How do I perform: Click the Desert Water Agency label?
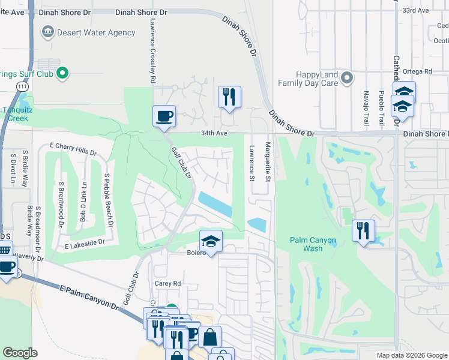[x=96, y=32]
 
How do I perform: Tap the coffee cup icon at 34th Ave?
[x=164, y=116]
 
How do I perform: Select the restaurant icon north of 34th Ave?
[x=229, y=97]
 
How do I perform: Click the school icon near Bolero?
[x=210, y=241]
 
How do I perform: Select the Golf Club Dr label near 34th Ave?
[x=181, y=163]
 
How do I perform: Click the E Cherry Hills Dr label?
[x=73, y=148]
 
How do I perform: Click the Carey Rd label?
[x=168, y=283]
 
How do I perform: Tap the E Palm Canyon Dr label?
[x=90, y=298]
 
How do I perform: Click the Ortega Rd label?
[x=419, y=71]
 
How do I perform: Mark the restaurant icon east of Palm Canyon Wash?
[x=363, y=231]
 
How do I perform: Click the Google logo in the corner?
[x=20, y=353]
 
